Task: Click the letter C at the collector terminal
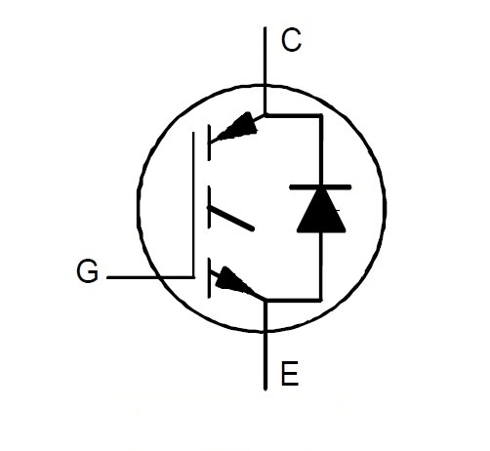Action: tap(291, 40)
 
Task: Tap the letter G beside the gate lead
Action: tap(87, 271)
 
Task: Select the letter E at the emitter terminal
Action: tap(289, 373)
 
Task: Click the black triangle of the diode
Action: tap(321, 211)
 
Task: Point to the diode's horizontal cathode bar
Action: tap(320, 186)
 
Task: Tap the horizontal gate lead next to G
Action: tap(150, 277)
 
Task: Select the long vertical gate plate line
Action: tap(193, 205)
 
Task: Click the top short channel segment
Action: tap(209, 143)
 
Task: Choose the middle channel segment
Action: tap(209, 207)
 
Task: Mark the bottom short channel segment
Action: tap(209, 277)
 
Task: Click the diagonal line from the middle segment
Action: tap(230, 219)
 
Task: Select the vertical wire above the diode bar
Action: tap(321, 149)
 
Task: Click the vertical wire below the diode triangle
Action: tap(321, 266)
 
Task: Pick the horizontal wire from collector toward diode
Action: tap(293, 115)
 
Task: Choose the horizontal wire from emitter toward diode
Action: tap(294, 300)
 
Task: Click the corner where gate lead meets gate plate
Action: tap(193, 277)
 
